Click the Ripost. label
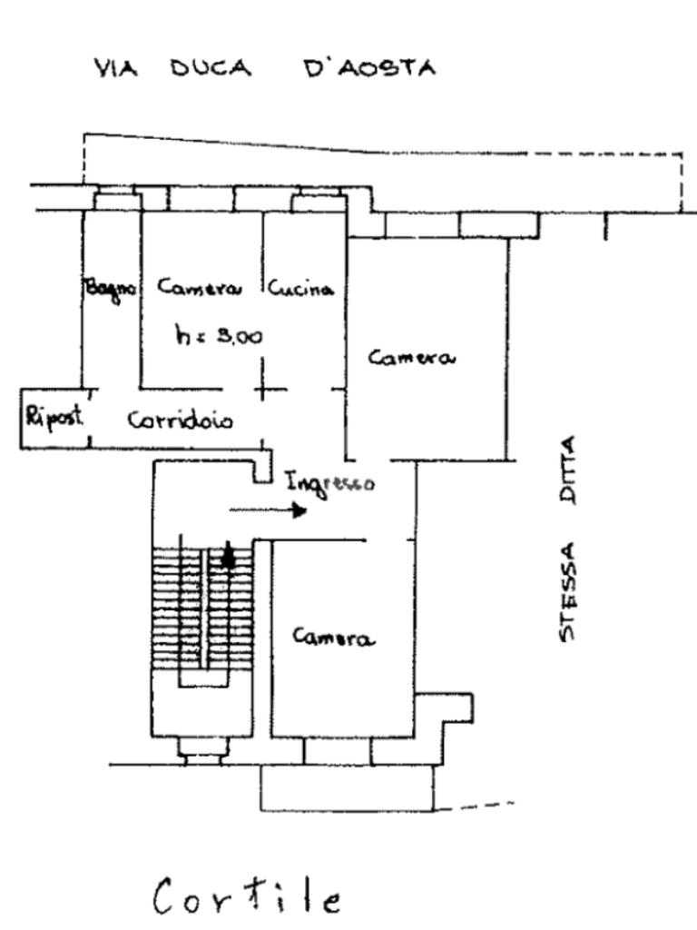pos(54,417)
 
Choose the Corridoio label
pos(179,420)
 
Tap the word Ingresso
pos(329,482)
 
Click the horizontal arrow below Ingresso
pos(267,511)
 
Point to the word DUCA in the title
pos(210,69)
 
